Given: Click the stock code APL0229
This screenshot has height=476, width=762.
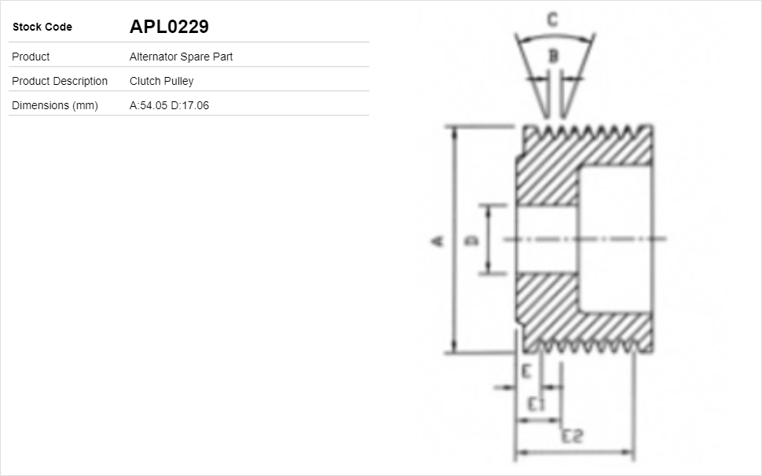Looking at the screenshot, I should tap(169, 27).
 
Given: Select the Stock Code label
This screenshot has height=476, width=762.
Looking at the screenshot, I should tap(42, 27).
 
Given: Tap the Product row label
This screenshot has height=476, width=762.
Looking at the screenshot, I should tap(31, 57).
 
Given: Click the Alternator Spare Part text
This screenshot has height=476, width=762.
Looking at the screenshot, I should tap(181, 57).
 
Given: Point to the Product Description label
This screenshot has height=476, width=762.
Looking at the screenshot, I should tap(60, 81).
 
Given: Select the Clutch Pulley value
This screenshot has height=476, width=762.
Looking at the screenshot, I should tap(161, 81).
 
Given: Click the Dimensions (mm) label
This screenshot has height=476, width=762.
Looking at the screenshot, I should tap(55, 105).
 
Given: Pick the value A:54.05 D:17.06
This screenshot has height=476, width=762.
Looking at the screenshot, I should tap(169, 105).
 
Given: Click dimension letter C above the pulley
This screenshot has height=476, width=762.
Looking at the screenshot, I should tap(552, 20).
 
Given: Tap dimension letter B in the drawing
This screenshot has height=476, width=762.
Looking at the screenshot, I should tap(553, 56).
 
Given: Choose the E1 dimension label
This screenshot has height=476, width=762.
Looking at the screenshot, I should tap(537, 404).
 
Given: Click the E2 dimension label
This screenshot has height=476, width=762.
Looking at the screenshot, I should tap(572, 436).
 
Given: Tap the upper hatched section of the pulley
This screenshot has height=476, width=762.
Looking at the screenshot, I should tap(550, 169).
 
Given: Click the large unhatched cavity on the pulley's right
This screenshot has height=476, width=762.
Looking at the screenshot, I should tap(614, 240).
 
